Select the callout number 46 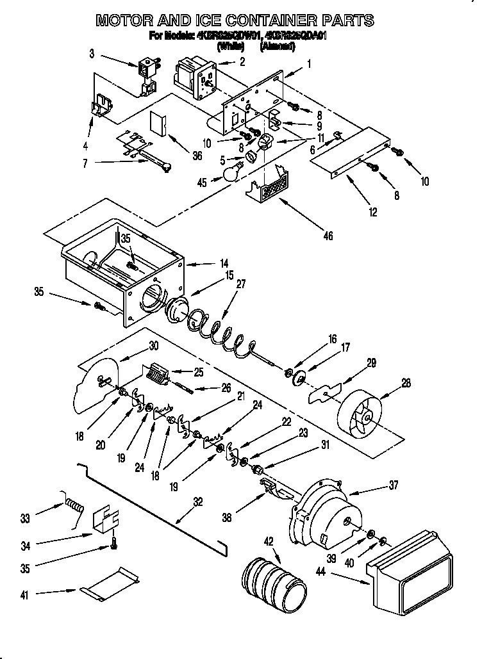(328, 236)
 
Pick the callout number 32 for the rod (198, 503)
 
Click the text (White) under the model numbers (229, 47)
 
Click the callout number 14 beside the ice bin (224, 263)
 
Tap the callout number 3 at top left (92, 54)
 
